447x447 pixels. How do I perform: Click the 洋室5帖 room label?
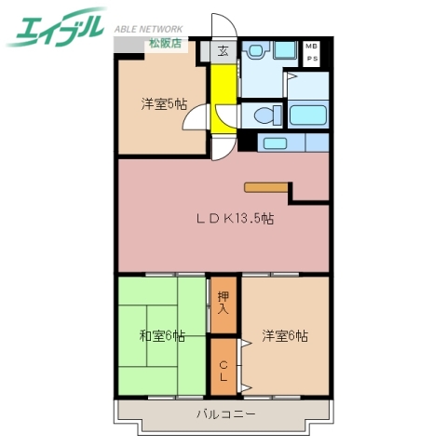point(164,104)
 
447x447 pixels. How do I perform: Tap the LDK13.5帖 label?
point(235,219)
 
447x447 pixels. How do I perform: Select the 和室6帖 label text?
point(162,335)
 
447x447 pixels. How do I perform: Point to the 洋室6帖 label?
point(284,335)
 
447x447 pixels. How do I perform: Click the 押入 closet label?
point(223,305)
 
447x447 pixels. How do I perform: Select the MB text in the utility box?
point(311,47)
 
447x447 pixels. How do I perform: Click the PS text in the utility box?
point(311,57)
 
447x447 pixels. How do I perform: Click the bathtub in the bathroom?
point(308,115)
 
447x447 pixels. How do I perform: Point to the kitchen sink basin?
point(274,142)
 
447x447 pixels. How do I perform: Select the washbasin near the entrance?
point(256,51)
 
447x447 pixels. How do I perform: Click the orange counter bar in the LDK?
point(268,184)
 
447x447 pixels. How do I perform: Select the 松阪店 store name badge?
point(166,43)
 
